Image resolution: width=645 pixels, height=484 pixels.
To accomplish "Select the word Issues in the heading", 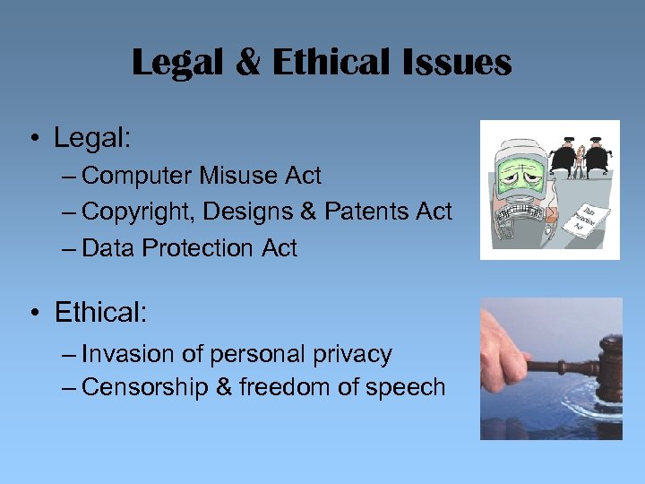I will point(459,64).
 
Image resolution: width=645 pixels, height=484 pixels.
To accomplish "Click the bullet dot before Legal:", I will point(33,140).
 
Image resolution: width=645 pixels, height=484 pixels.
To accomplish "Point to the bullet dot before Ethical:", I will point(33,314).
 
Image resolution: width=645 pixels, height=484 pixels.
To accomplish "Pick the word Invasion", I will point(128,354).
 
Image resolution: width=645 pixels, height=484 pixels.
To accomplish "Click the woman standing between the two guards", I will point(580,158).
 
